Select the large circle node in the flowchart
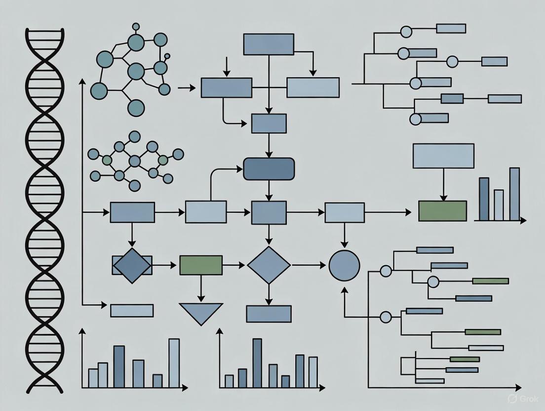point(344,265)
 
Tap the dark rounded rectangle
point(269,169)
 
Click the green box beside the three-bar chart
point(442,210)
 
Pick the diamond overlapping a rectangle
point(132,265)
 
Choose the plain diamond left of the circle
point(269,265)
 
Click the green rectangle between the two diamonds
point(200,265)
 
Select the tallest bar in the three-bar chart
point(514,194)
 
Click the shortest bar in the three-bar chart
point(499,205)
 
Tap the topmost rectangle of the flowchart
point(269,44)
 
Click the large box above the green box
point(443,156)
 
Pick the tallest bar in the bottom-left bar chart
point(174,363)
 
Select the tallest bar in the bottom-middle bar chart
point(257,363)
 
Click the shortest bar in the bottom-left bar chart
point(157,380)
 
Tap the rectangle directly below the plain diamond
point(269,314)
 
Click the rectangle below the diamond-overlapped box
point(132,310)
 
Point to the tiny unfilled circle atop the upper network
point(167,56)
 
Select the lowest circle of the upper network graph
point(135,107)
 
